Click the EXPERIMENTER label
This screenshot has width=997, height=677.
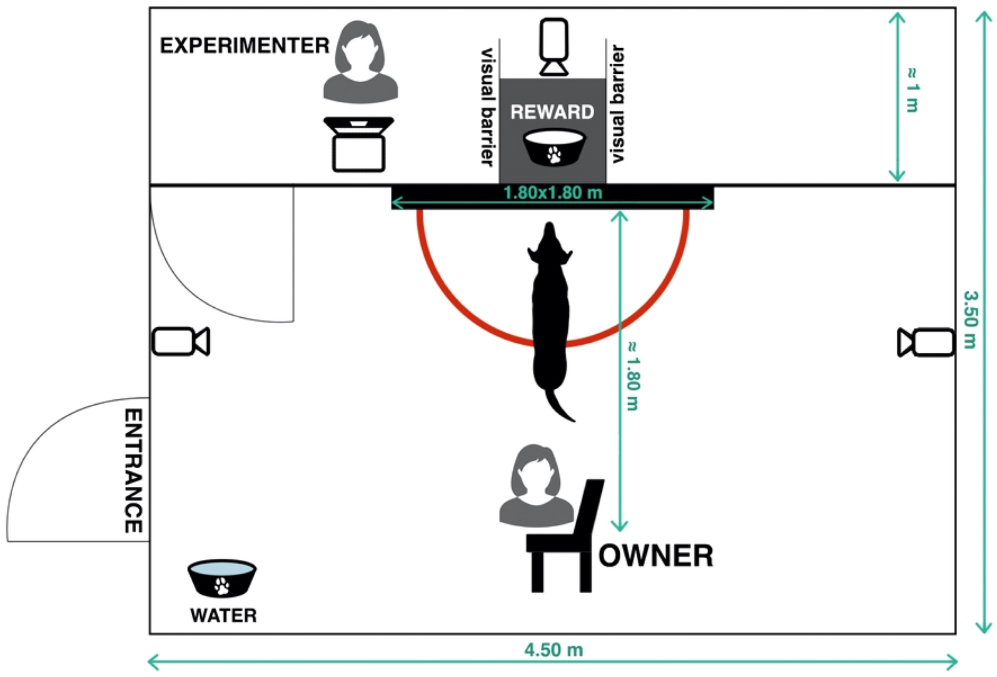(245, 46)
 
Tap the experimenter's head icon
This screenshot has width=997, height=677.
(360, 50)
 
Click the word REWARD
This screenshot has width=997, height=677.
(552, 112)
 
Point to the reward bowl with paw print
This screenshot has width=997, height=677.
(554, 148)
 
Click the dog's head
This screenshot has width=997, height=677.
(550, 245)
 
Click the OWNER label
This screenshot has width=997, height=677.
(655, 556)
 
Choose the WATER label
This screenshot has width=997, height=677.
(223, 616)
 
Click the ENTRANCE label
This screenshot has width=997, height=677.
(133, 471)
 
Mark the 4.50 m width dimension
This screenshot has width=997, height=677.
(554, 650)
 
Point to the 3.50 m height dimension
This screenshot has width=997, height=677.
(969, 319)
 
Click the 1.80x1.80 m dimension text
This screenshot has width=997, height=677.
(552, 193)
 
